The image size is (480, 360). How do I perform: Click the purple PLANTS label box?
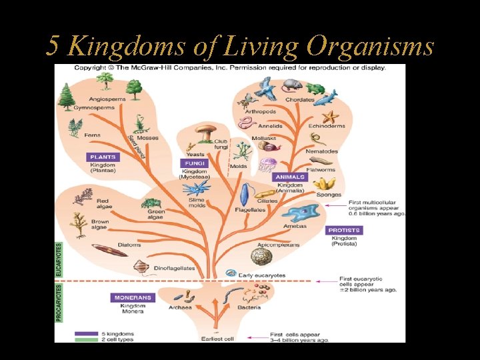[103, 157]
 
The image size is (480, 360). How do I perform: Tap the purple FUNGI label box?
[194, 163]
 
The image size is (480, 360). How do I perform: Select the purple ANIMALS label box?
[290, 177]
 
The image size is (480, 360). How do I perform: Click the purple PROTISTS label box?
[344, 230]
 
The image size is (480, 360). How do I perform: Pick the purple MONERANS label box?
[133, 297]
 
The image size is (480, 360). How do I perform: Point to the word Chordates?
[299, 100]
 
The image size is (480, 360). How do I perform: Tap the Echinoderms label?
[327, 126]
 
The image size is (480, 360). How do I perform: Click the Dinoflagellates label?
[175, 269]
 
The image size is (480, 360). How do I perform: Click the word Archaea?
[180, 307]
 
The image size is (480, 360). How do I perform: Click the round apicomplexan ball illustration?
[269, 253]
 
